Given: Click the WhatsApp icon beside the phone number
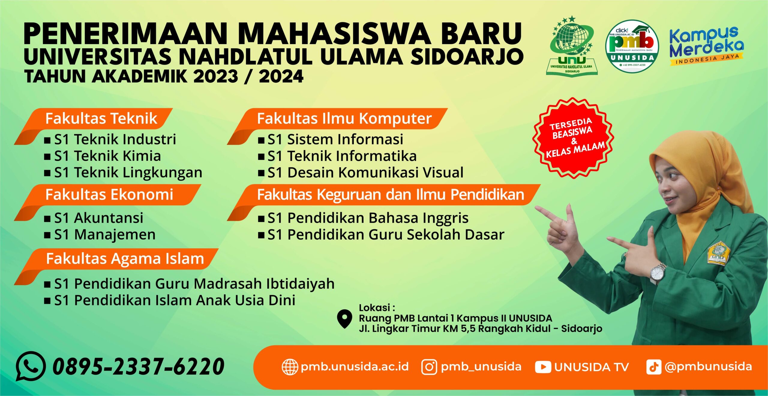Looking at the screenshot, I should pyautogui.click(x=31, y=366).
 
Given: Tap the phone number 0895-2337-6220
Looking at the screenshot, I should pyautogui.click(x=138, y=366).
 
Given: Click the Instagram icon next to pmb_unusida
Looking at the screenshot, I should pyautogui.click(x=429, y=367).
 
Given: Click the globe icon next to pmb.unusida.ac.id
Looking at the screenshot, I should pyautogui.click(x=290, y=367).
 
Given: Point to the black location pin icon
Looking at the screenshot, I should pyautogui.click(x=344, y=319).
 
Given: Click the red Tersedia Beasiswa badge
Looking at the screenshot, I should pyautogui.click(x=573, y=138).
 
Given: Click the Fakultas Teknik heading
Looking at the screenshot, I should pyautogui.click(x=101, y=118).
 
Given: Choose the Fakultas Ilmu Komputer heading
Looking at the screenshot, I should pyautogui.click(x=344, y=118).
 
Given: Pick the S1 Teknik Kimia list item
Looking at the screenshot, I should pyautogui.click(x=107, y=156).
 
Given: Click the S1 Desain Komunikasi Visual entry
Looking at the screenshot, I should pyautogui.click(x=365, y=173).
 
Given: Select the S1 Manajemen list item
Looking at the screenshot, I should pyautogui.click(x=104, y=235).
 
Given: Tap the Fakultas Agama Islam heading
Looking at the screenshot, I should pyautogui.click(x=125, y=259).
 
